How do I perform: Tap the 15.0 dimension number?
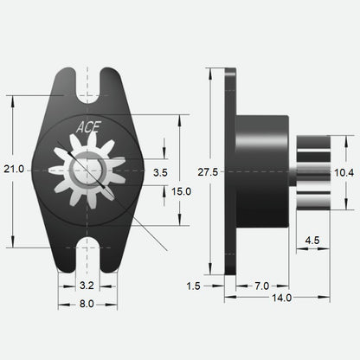point(180,190)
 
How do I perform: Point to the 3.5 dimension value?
point(159,173)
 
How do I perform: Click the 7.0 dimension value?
point(260,285)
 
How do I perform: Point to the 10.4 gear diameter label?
point(344,173)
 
